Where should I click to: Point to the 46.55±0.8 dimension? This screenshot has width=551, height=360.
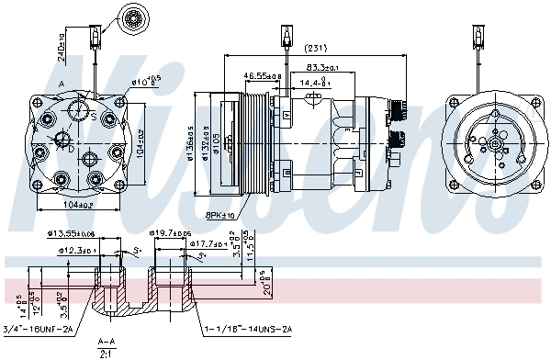point(263,75)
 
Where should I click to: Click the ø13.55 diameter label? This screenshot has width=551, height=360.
point(76,235)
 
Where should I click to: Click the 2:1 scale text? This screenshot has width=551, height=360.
point(107,354)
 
